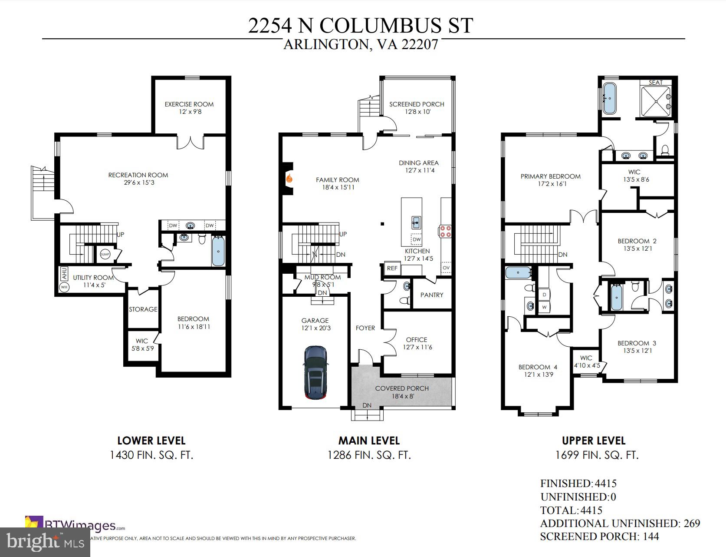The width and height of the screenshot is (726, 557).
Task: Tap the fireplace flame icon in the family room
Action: pos(289,178)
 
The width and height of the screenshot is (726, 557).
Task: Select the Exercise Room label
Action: pos(189,104)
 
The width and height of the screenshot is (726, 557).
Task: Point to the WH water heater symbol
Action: pos(64,287)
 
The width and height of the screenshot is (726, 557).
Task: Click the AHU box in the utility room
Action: pos(64,274)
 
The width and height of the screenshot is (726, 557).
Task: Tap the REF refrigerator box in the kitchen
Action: pos(392,268)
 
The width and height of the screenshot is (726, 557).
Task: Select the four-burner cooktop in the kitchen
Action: pos(445,231)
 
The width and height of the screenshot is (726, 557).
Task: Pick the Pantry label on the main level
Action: pos(431,295)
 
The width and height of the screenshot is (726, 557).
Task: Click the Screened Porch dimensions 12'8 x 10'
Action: pos(416,112)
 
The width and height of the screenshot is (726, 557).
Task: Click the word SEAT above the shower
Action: pos(655,83)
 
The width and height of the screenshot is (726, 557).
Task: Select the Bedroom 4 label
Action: pos(537,367)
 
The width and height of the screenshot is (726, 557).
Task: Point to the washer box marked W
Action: pos(544,306)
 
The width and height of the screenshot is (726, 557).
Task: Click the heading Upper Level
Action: pos(593,441)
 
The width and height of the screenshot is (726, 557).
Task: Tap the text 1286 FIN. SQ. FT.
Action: pos(368,455)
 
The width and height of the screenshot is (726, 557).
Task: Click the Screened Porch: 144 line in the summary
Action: pos(599,537)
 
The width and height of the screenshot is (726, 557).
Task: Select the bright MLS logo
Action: pos(45,542)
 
